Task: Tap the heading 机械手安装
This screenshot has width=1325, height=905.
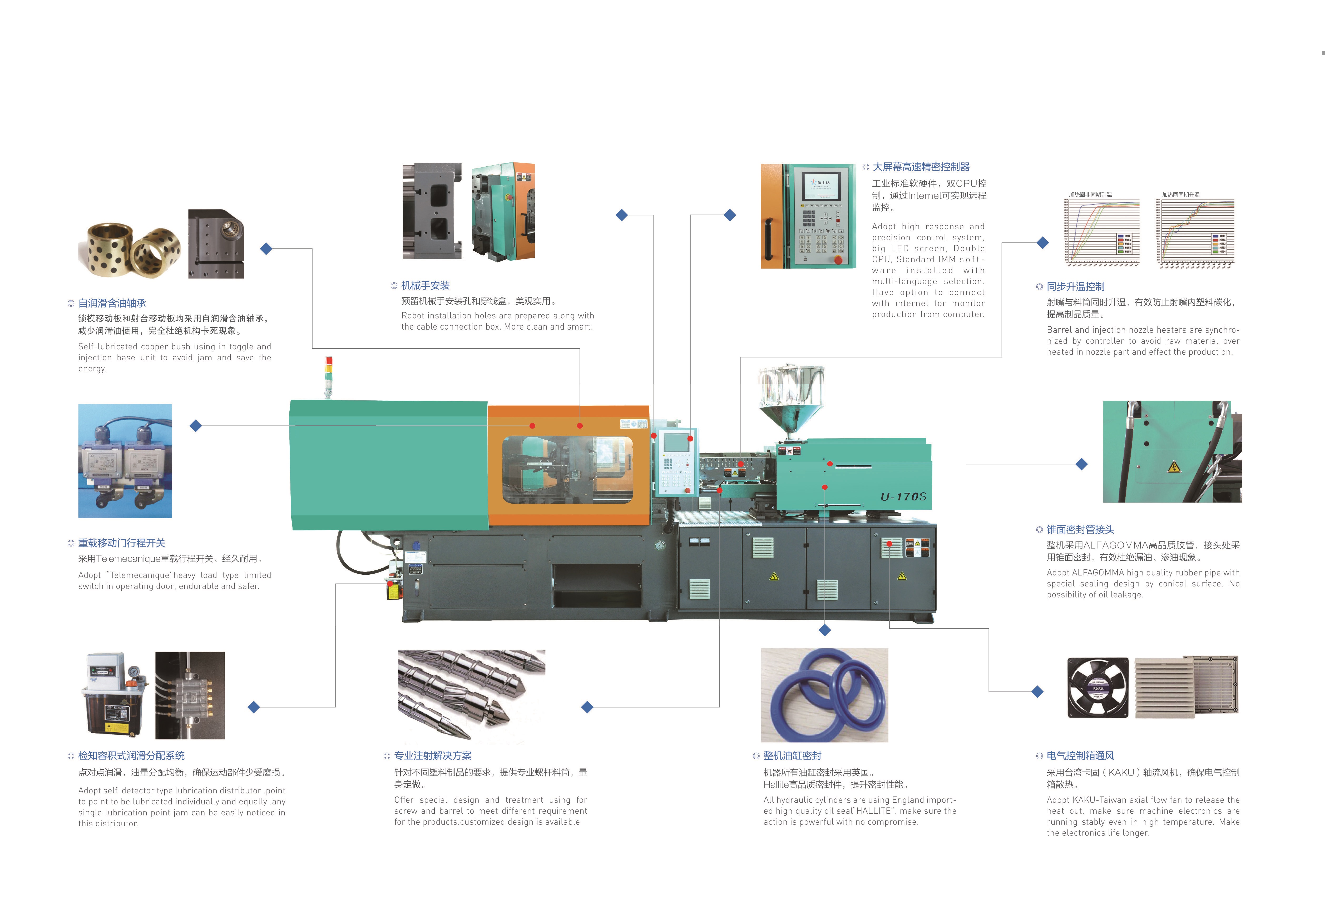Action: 425,286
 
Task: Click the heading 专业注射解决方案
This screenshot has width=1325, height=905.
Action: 433,756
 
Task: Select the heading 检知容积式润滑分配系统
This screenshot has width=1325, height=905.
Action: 131,756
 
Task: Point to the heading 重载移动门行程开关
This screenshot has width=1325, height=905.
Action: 121,543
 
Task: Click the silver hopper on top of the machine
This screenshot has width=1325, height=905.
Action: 791,399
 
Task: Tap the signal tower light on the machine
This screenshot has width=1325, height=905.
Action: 328,376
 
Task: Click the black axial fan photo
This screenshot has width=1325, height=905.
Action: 1097,687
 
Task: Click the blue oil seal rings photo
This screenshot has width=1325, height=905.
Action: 824,695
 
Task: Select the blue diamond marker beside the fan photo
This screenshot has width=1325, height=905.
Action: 1038,692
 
